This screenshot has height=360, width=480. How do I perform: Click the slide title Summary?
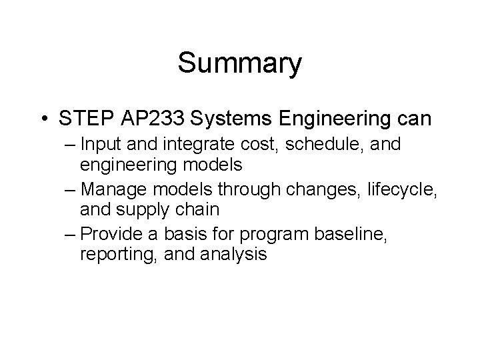point(239,64)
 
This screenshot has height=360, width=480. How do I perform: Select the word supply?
point(139,210)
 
